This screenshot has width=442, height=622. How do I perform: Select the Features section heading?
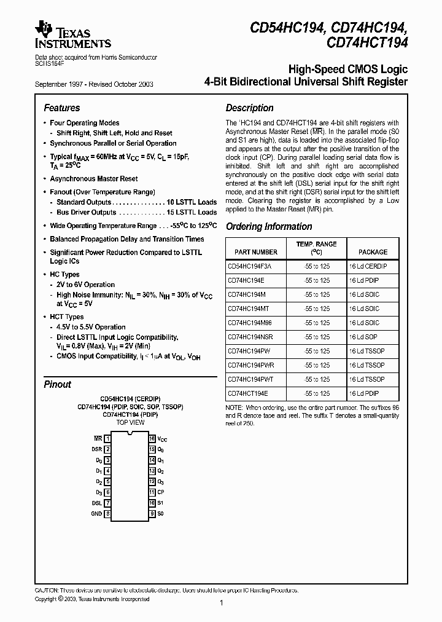click(61, 108)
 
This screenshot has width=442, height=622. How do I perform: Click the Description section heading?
click(249, 108)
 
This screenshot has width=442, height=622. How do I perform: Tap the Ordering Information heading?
click(269, 226)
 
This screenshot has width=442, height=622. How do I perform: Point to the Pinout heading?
click(57, 384)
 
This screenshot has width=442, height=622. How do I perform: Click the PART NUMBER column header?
click(256, 252)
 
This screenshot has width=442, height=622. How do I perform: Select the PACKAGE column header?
click(373, 252)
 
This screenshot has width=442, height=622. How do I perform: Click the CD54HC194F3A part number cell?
click(249, 267)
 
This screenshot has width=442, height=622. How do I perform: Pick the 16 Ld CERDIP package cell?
click(368, 267)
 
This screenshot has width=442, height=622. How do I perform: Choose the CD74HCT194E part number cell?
click(248, 393)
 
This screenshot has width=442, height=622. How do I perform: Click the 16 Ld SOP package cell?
click(363, 337)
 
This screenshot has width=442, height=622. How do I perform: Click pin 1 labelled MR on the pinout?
click(107, 439)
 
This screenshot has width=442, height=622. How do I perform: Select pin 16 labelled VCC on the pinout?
click(152, 439)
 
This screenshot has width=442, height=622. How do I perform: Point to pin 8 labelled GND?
click(107, 513)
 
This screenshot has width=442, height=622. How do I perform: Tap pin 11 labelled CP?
click(152, 492)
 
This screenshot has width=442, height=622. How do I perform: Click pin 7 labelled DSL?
click(107, 503)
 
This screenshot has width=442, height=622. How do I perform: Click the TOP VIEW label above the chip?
click(130, 423)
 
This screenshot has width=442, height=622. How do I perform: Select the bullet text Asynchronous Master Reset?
click(94, 178)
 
